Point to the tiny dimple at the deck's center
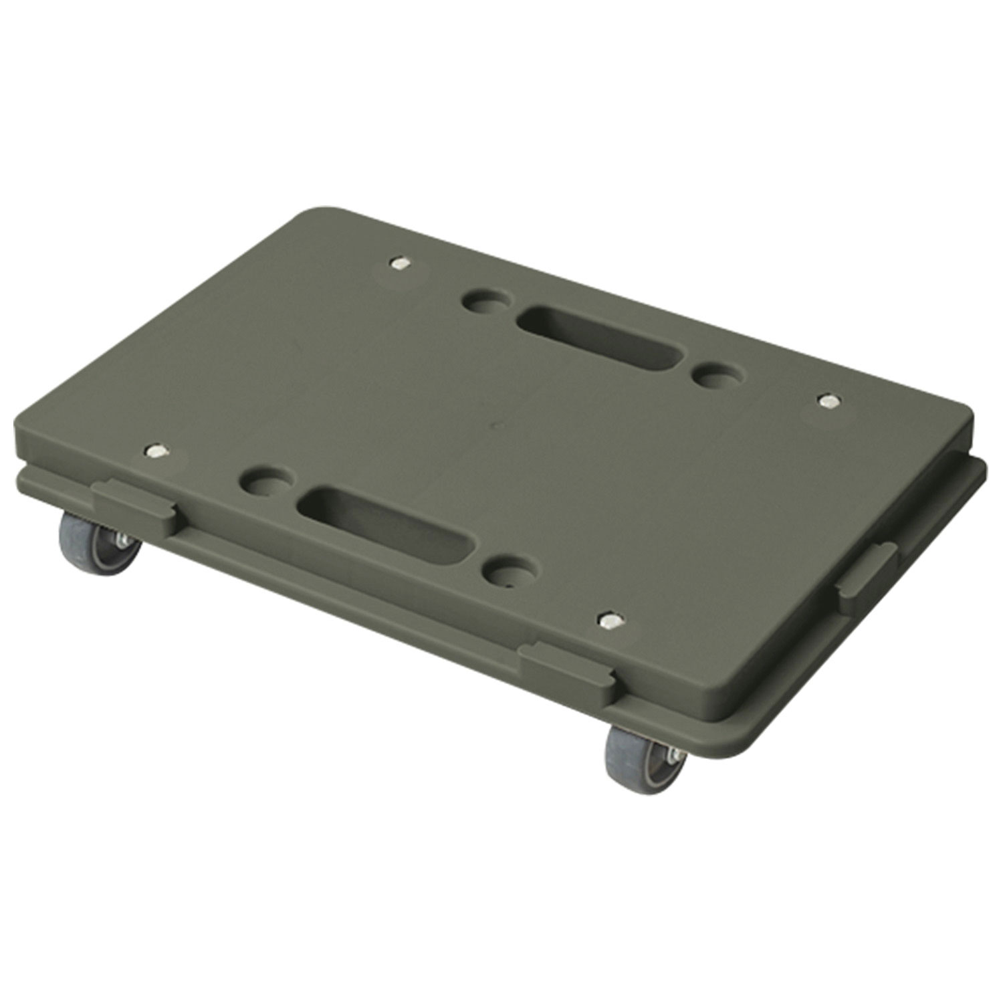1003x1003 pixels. tap(496, 424)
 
